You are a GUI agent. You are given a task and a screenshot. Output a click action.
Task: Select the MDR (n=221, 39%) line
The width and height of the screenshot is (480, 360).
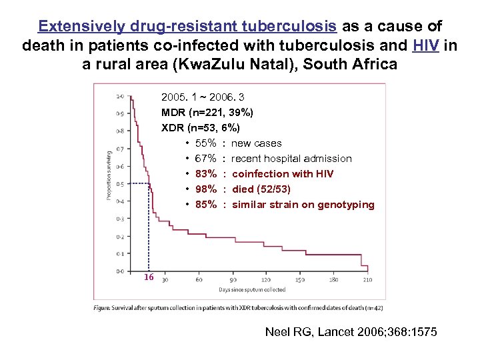coord(207,113)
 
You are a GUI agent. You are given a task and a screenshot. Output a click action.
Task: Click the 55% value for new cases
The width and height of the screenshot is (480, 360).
coord(206,143)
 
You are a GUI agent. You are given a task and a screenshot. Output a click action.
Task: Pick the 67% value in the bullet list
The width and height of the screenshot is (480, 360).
coord(206,159)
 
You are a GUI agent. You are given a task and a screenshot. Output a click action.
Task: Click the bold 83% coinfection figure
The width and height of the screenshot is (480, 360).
coord(206,174)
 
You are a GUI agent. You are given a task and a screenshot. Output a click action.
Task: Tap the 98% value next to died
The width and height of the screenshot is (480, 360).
coord(206,189)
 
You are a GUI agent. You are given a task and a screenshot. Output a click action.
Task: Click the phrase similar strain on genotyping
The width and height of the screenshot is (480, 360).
coord(303,205)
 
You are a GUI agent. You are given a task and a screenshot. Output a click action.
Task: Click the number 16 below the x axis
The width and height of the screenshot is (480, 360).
coord(149,277)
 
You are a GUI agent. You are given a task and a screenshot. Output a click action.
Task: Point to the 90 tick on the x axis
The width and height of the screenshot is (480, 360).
coord(233,280)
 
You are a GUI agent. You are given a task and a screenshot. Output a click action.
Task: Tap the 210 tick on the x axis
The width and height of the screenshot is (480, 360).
coord(367,280)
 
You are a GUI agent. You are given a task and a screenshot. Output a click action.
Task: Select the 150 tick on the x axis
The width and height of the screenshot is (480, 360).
coord(300,280)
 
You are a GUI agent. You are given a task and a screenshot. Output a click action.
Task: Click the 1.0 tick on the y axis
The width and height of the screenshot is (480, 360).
coord(119,96)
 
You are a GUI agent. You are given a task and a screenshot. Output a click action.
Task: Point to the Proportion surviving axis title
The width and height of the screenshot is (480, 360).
coord(108,175)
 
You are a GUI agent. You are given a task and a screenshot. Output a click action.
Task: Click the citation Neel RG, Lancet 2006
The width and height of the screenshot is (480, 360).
coord(351,331)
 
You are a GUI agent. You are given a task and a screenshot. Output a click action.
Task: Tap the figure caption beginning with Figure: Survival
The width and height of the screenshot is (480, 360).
coord(239,308)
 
